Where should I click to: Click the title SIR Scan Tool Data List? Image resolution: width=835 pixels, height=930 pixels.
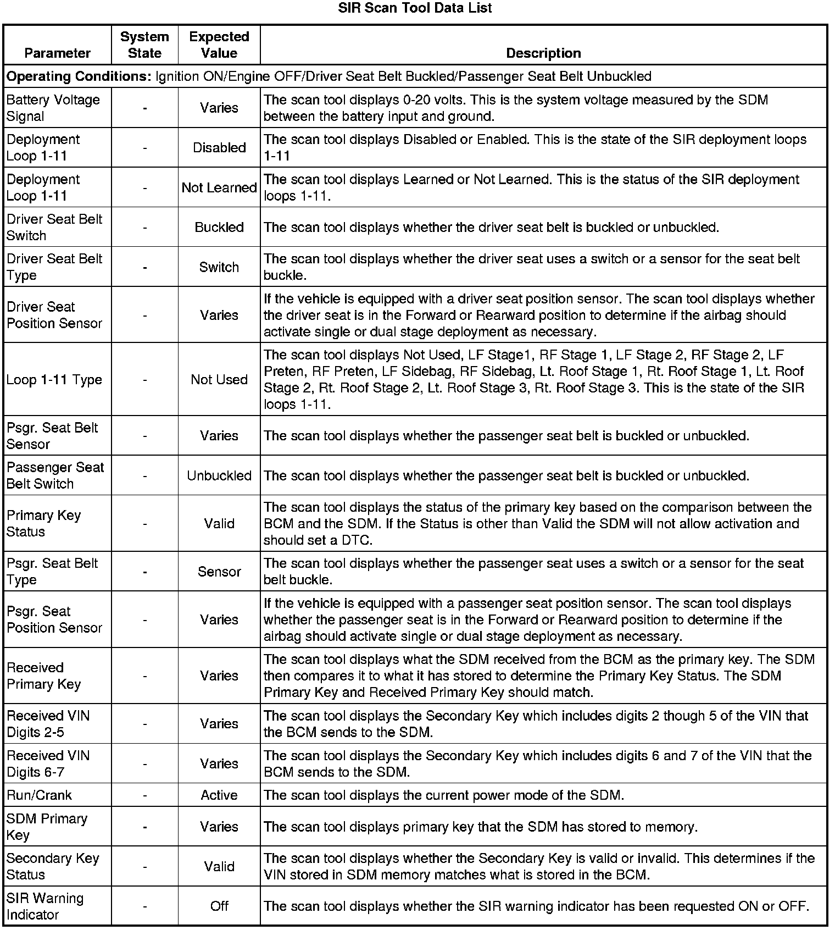[415, 8]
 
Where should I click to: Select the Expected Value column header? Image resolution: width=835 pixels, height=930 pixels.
[219, 45]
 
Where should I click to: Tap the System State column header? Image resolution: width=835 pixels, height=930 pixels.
[144, 45]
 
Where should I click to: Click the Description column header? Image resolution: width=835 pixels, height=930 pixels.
[543, 53]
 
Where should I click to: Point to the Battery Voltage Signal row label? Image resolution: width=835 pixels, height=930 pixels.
[53, 108]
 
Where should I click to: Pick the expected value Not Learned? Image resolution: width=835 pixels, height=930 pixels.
[219, 187]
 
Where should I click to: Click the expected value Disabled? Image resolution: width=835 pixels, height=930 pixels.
[219, 148]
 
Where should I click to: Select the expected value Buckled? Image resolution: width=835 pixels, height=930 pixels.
[219, 227]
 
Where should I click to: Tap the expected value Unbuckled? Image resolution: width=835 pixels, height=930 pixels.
[219, 475]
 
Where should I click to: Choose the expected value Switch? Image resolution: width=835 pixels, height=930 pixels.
[219, 267]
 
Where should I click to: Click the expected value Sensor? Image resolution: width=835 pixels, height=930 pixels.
[219, 572]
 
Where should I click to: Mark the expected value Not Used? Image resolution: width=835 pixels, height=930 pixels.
[219, 379]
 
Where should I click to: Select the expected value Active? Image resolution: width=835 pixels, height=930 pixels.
[219, 795]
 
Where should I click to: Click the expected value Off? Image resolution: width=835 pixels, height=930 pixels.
[219, 906]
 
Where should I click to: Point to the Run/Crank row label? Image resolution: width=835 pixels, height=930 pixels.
[39, 795]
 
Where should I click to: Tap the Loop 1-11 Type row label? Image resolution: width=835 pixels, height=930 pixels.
[54, 379]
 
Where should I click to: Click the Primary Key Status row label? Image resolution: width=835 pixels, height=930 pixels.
[43, 523]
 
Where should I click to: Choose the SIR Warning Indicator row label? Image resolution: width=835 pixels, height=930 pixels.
[44, 906]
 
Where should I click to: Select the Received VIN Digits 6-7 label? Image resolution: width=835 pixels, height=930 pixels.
[48, 763]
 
